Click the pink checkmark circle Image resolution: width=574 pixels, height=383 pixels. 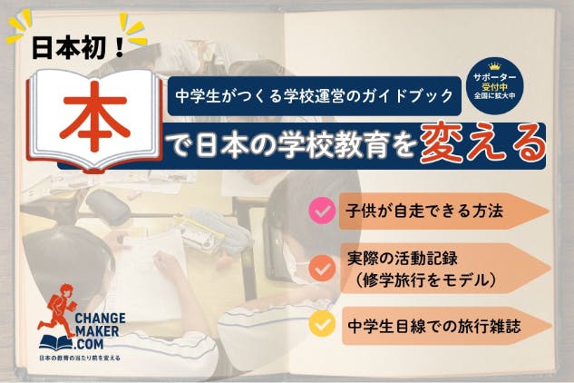(322, 212)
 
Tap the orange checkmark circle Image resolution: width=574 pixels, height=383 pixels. (322, 268)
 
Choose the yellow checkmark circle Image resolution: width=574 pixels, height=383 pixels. (322, 323)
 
